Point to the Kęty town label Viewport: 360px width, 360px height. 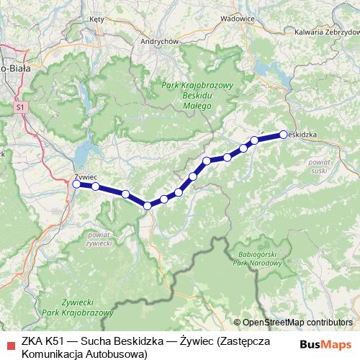pos(97,19)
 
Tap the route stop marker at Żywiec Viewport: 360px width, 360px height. pos(76,184)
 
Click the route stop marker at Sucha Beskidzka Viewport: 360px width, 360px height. pos(284,133)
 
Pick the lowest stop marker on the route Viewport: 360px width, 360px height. pos(148,206)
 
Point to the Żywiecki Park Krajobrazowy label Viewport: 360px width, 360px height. pos(78,309)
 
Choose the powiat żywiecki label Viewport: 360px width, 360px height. pos(98,239)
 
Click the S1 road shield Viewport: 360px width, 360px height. pos(19,107)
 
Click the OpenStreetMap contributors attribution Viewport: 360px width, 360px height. pos(297,323)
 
